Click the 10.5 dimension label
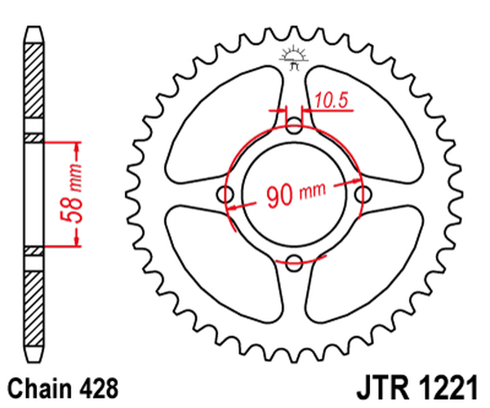click(x=332, y=100)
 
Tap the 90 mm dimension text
click(x=293, y=194)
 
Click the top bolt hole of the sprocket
click(x=295, y=125)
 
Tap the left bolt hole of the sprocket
click(x=226, y=193)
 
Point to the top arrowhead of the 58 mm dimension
click(x=78, y=147)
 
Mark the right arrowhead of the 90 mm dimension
click(x=357, y=180)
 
